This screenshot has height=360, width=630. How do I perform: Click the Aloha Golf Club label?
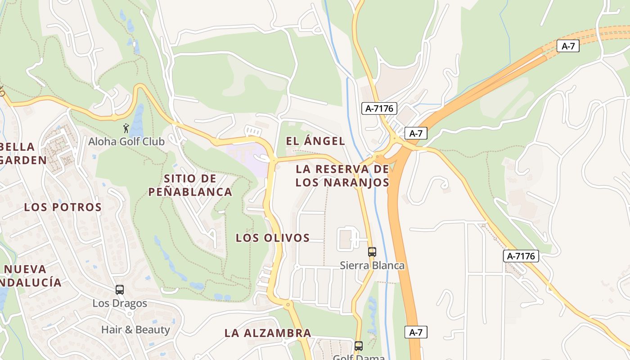click(x=126, y=141)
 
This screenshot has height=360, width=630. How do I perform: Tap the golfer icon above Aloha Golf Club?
click(x=126, y=128)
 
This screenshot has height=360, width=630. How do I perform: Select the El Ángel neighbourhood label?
click(x=315, y=141)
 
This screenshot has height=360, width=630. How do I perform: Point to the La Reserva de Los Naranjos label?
click(x=342, y=176)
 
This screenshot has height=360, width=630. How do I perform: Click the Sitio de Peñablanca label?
click(x=190, y=185)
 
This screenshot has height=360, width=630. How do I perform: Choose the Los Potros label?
click(x=63, y=207)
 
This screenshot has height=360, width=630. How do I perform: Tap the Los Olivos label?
click(x=273, y=238)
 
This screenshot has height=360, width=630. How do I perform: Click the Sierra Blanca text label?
click(x=372, y=265)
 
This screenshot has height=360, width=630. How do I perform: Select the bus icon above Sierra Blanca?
click(x=372, y=252)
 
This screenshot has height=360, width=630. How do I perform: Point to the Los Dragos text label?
click(x=120, y=303)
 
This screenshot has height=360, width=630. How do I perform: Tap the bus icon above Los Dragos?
click(x=119, y=290)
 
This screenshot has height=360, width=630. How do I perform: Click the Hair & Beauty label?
click(x=135, y=330)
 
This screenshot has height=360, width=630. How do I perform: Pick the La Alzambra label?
click(x=268, y=333)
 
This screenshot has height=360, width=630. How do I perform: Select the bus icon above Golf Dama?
click(x=358, y=346)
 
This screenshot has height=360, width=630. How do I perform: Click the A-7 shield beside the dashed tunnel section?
click(x=568, y=46)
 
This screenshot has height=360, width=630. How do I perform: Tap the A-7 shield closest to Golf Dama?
click(x=416, y=333)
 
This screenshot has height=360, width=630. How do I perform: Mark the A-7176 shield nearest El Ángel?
click(x=379, y=108)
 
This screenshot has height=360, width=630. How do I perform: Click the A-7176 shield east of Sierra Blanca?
click(x=521, y=256)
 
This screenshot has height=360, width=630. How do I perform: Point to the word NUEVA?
click(x=25, y=270)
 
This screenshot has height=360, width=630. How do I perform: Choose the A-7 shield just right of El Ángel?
click(x=416, y=133)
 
